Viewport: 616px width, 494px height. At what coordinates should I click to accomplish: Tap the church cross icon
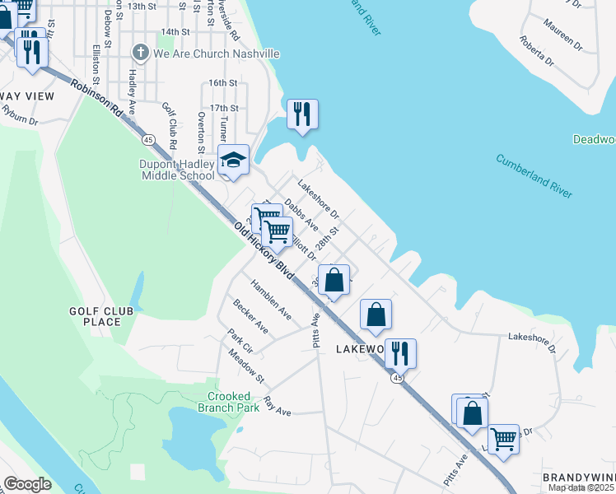[141, 53]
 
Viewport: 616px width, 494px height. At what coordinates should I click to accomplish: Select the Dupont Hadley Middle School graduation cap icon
[233, 160]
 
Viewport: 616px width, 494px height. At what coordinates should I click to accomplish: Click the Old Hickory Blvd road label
[264, 251]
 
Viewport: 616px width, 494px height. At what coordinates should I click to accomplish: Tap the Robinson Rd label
[96, 97]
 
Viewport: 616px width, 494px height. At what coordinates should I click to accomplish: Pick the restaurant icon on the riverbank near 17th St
[302, 113]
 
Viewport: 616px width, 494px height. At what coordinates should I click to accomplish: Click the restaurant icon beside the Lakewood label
[400, 352]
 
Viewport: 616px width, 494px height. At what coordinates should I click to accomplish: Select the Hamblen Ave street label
[272, 304]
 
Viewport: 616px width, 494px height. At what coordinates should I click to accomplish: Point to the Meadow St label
[246, 366]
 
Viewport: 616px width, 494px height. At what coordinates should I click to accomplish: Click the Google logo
[27, 483]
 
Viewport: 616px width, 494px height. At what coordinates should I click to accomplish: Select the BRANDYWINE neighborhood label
[579, 478]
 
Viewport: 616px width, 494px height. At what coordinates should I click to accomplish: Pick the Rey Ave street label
[278, 406]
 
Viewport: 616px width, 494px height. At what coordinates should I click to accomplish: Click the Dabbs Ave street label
[301, 212]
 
